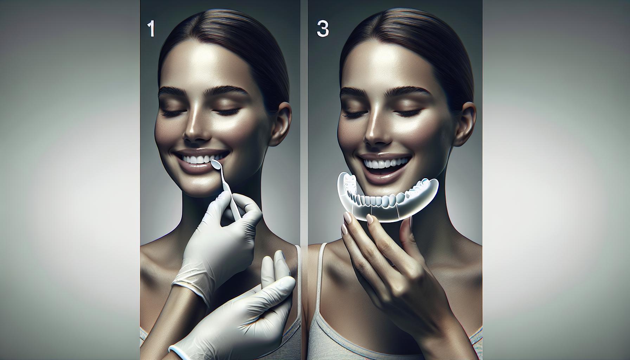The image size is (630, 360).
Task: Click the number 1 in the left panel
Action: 152,29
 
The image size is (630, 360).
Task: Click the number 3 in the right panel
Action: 323,29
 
